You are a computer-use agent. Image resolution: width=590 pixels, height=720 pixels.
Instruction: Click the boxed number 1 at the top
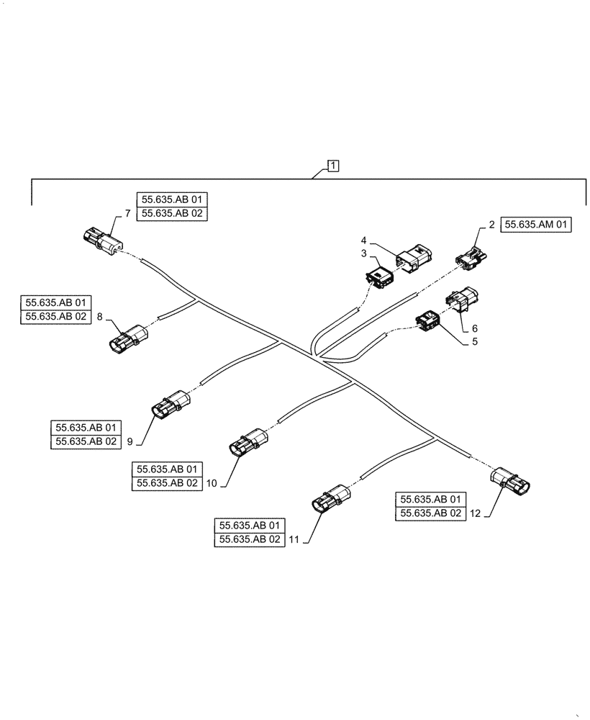333,166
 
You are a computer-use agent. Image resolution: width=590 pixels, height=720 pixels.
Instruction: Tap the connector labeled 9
170,404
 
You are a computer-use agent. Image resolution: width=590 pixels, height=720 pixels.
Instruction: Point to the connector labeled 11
330,499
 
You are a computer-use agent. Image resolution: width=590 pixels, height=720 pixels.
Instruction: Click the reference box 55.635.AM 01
535,225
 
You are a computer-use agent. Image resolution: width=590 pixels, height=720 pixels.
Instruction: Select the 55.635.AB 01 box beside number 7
171,200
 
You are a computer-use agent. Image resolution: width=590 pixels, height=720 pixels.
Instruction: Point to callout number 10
211,484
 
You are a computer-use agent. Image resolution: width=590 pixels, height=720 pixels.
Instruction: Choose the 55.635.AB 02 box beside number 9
84,441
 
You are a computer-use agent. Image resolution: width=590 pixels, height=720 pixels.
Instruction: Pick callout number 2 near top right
491,225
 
